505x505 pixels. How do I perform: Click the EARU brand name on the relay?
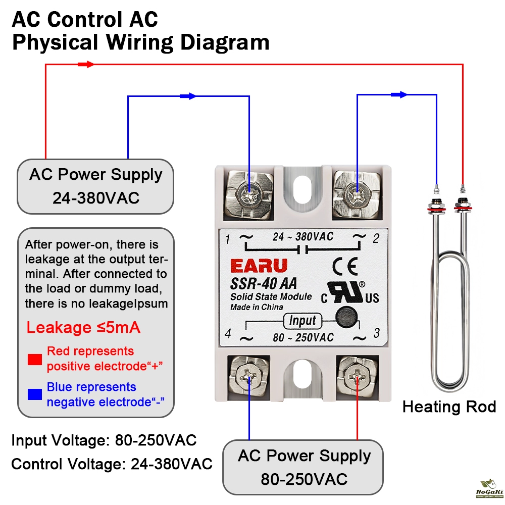point(259,266)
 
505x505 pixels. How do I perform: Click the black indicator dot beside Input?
point(345,315)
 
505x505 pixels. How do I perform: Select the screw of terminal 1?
point(249,193)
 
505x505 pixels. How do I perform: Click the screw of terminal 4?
point(249,376)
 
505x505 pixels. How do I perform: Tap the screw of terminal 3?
point(357,376)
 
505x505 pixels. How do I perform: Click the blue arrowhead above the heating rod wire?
point(401,94)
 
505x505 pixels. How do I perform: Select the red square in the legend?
point(35,360)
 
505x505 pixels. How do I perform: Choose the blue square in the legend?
point(35,394)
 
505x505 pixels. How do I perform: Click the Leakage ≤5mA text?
point(83,328)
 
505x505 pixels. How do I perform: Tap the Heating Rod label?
point(449,407)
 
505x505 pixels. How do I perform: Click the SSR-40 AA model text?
point(264,284)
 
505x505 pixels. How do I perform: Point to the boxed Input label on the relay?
point(302,320)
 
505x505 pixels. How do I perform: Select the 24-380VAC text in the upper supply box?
point(96,198)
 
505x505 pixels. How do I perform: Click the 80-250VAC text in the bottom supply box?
point(304,479)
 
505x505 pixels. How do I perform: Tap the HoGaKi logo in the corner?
point(489,488)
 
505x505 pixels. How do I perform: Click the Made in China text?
point(257,307)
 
